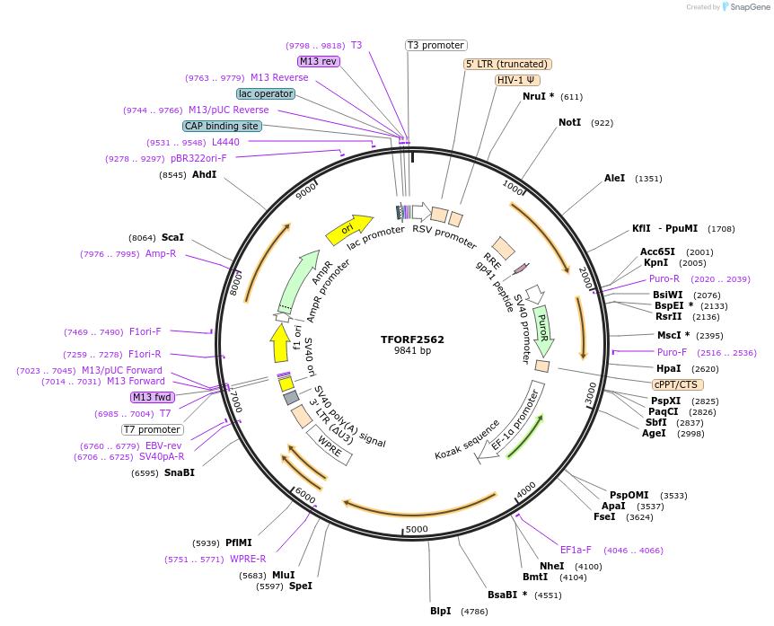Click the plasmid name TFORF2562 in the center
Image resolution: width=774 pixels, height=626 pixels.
point(412,339)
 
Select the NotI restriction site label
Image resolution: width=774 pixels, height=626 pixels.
point(569,122)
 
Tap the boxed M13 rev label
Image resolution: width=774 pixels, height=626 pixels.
point(319,61)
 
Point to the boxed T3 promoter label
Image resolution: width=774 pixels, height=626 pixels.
point(436,45)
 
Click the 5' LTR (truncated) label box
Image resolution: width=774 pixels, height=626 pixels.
point(507,64)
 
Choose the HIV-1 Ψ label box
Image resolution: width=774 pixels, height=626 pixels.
point(518,80)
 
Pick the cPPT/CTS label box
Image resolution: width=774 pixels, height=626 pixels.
point(676,384)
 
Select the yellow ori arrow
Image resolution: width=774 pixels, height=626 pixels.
point(349,229)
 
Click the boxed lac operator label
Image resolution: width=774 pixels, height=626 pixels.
point(266,93)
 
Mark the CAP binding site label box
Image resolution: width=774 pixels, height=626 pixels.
point(222,127)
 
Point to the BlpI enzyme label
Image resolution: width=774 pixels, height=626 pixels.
point(440,612)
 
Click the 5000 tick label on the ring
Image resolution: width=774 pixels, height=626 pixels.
point(417,530)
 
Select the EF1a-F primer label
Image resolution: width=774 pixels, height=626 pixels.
point(576,550)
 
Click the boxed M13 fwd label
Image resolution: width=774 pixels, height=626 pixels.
point(152,397)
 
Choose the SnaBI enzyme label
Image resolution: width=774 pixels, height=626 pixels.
point(180,472)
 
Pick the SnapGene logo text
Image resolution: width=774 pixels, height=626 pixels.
point(749,7)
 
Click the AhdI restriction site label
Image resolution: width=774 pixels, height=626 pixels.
point(205,174)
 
